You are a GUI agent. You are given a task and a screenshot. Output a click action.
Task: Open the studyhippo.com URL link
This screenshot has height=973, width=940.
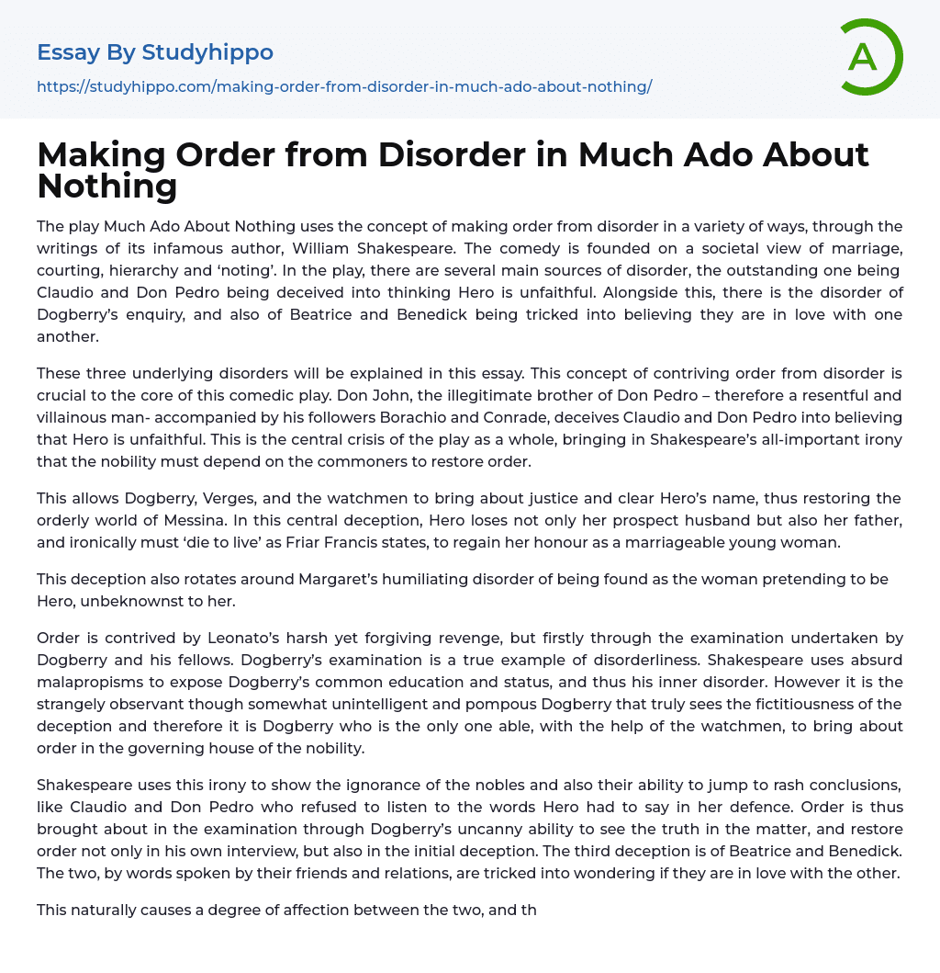tap(344, 86)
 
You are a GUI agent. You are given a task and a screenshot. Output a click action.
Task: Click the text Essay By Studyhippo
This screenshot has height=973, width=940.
tap(155, 52)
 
